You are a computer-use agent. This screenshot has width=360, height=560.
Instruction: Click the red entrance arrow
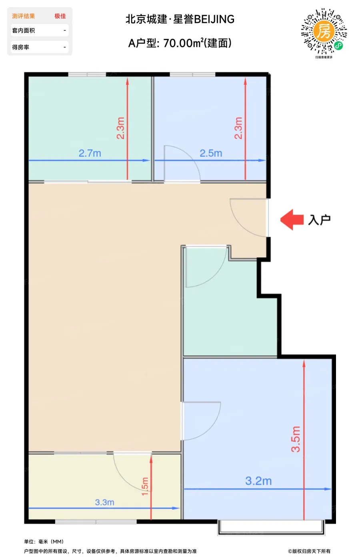[292, 220]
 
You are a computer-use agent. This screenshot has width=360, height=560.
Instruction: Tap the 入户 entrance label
[319, 220]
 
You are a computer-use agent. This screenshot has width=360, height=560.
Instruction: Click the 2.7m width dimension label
[90, 153]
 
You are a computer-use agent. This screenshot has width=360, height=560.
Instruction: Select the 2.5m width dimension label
[211, 153]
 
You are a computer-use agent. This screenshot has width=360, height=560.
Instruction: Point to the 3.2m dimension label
[258, 481]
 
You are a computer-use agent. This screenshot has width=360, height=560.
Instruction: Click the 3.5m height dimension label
[296, 439]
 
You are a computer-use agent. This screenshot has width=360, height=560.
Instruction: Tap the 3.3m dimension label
[104, 502]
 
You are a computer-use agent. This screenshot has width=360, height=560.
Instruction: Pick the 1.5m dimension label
[145, 486]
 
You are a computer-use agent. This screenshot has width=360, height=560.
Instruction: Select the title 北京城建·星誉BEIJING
[180, 19]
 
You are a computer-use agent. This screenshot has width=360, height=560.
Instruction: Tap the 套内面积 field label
[24, 30]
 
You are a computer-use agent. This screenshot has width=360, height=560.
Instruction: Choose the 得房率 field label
[20, 47]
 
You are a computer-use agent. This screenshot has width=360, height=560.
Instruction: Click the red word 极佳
[60, 16]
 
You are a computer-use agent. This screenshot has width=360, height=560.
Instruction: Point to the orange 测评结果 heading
[24, 16]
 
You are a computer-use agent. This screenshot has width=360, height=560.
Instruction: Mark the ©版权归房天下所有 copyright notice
[309, 551]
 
